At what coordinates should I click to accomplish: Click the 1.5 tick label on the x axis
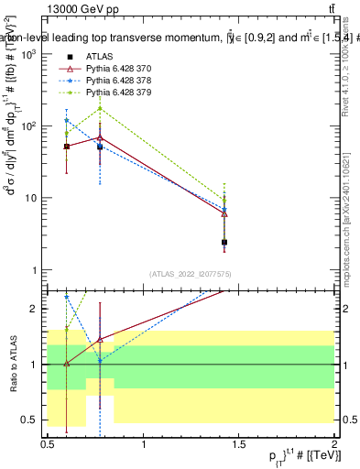pos(239,443)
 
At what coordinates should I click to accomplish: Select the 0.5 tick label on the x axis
pos(48,443)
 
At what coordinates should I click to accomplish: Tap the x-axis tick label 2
pos(334,443)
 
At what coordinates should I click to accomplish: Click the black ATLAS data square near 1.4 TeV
pos(224,243)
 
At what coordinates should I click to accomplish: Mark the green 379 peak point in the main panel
pos(100,109)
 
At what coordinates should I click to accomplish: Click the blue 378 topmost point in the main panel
pos(66,120)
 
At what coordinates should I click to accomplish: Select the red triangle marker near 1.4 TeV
pos(224,213)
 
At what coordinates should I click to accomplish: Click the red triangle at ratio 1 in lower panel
pos(66,364)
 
